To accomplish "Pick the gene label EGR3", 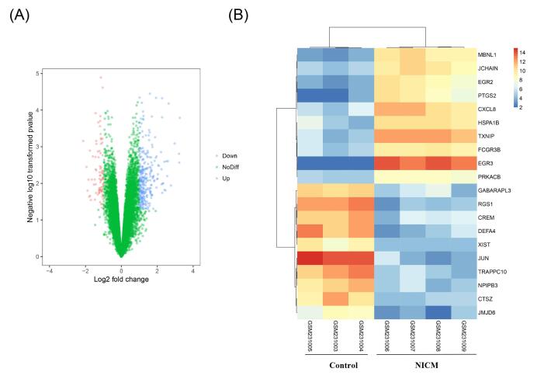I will tap(486, 163).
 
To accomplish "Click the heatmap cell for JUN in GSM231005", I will tap(311, 257).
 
